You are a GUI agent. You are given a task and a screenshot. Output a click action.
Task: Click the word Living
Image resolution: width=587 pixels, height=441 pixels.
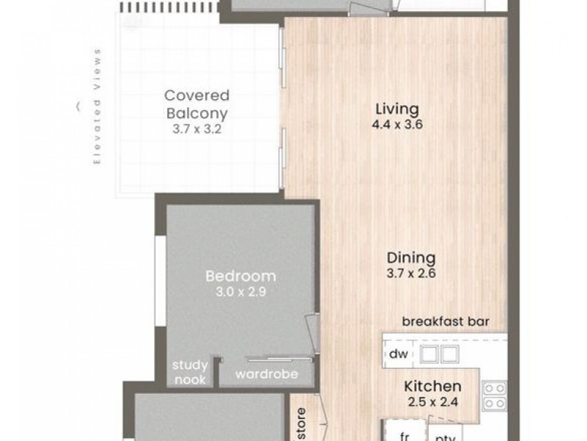[398, 110]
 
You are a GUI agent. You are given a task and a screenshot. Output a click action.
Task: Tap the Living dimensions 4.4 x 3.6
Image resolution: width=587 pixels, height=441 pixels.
[398, 125]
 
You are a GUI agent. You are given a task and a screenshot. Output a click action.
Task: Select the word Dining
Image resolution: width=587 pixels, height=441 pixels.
[412, 258]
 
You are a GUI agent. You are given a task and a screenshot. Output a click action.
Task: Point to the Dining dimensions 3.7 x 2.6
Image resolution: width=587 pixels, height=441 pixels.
[412, 273]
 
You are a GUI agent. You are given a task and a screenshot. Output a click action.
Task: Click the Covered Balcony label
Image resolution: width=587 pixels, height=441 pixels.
[197, 104]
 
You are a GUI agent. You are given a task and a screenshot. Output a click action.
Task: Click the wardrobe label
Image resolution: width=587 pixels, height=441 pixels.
[266, 374]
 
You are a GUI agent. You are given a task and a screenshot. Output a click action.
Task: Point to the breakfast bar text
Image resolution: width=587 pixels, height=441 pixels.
[445, 321]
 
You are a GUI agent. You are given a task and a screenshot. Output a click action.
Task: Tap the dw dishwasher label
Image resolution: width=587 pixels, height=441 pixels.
[398, 354]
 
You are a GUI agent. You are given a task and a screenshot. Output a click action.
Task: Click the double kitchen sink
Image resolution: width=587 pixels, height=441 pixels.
[439, 354]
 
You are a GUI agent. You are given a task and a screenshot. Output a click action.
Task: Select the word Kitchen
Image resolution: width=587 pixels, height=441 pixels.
[433, 386]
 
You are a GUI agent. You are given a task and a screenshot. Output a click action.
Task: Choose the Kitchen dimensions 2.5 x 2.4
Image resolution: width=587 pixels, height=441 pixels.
[433, 401]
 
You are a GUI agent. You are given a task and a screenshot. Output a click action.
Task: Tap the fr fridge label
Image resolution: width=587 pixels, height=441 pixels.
[403, 434]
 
